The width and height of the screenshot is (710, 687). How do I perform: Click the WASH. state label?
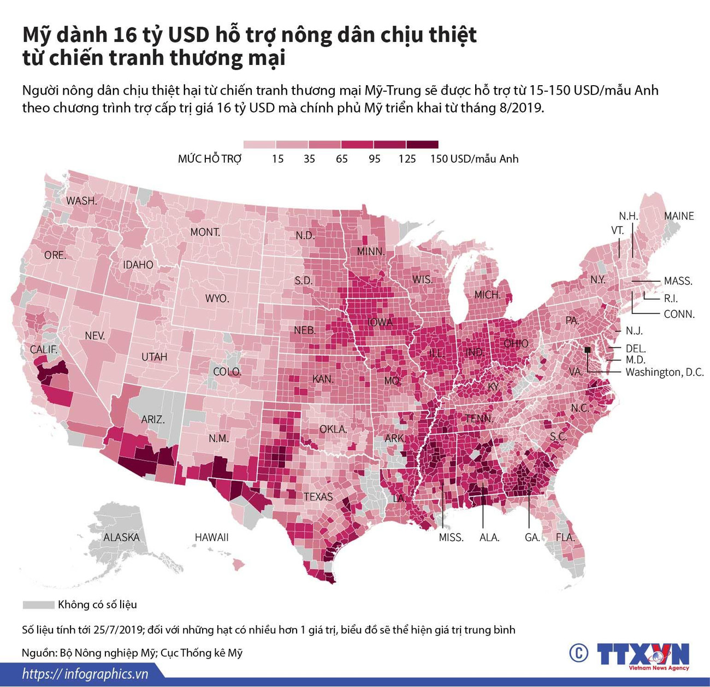[x=81, y=201]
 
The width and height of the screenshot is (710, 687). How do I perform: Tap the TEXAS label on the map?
[x=318, y=496]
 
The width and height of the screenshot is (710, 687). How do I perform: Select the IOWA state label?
[x=380, y=322]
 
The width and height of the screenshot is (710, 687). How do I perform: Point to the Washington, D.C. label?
[x=664, y=372]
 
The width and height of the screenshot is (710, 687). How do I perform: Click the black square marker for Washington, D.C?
[x=588, y=350]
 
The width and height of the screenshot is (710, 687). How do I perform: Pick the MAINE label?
[x=678, y=216]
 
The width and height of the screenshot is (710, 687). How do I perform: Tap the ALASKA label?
[x=121, y=537]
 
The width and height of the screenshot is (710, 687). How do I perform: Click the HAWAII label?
[x=211, y=537]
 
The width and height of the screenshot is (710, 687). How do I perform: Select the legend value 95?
[x=374, y=159]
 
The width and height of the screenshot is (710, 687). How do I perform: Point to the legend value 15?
[x=277, y=159]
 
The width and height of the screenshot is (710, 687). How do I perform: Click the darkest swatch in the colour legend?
[x=422, y=145]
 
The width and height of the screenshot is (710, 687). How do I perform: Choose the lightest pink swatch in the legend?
[x=259, y=145]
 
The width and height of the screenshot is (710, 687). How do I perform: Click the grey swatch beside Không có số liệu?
[x=38, y=605]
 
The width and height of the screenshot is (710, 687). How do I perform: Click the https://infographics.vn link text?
[x=85, y=674]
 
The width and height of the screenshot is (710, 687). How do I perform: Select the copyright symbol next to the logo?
[x=578, y=653]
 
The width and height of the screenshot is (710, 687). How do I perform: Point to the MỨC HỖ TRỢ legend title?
[x=209, y=159]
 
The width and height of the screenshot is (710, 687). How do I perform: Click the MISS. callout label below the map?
[x=451, y=537]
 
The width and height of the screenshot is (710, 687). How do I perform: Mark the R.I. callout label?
[x=671, y=299]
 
